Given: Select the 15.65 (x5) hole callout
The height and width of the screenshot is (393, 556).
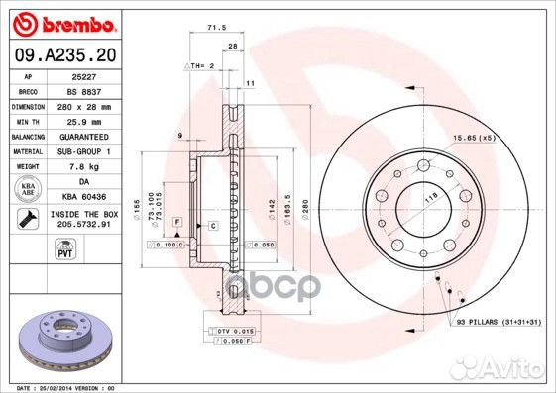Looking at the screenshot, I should click(x=474, y=138).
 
